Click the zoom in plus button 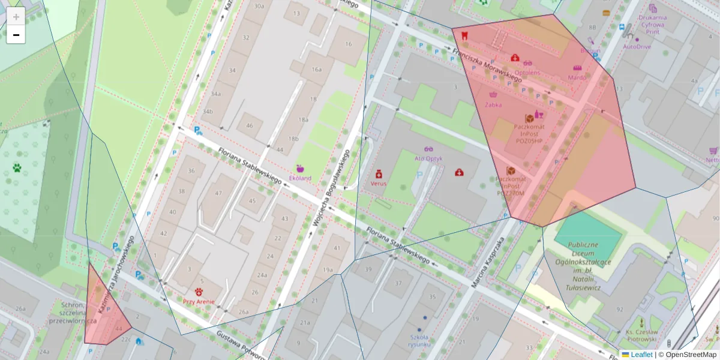coord(16,17)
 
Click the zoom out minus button coord(16,35)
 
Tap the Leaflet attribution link coord(641,355)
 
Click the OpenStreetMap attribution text coord(691,355)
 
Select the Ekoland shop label coord(301,178)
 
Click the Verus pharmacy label coord(379,184)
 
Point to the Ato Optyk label coord(428,158)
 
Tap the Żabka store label coord(493,104)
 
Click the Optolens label coord(527,73)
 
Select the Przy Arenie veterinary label coord(199,301)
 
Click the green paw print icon coord(17,167)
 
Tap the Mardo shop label coord(577,77)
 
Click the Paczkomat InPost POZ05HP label coord(529,133)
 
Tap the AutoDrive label coord(637,46)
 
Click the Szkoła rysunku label coord(418,340)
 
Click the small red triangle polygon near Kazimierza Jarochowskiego coord(103,312)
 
